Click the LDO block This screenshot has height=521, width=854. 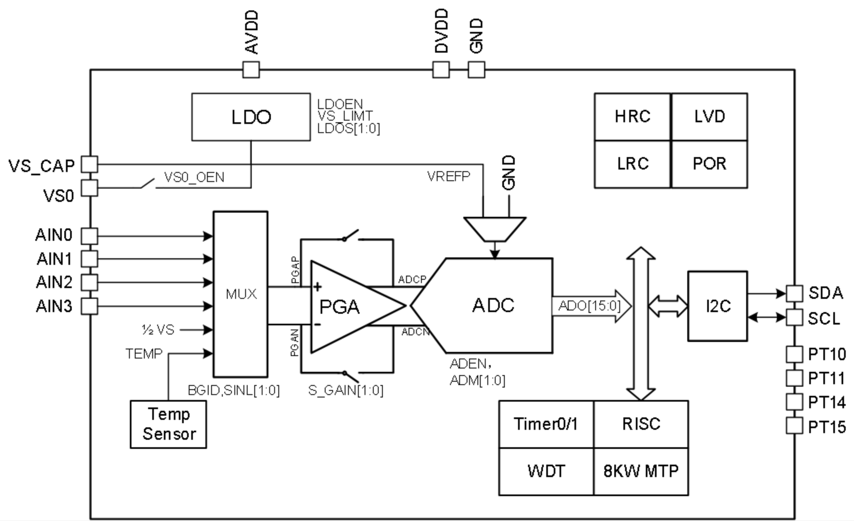coord(251,117)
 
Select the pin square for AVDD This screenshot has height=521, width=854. coord(251,70)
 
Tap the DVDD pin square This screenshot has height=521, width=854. coord(441,70)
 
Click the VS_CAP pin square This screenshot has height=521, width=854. coord(89,164)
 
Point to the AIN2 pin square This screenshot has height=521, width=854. coord(89,282)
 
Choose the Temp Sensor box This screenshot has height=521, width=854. coord(168,424)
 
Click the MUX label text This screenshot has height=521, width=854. coord(241,294)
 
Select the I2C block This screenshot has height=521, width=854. coord(718,306)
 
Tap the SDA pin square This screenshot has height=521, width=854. coord(794,293)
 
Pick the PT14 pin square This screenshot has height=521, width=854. coord(794,402)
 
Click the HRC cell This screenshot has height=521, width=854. coord(633,117)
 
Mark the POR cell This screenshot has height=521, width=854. coord(709,164)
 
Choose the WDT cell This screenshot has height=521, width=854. coord(546,471)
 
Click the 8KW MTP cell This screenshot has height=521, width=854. coord(641,471)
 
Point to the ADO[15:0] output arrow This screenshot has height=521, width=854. coord(591,306)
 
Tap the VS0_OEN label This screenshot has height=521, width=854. coord(194,177)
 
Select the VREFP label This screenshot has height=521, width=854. coord(448,177)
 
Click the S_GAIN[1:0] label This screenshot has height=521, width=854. coord(345,390)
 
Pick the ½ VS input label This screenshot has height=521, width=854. coord(158,330)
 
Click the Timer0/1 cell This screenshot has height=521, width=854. coord(546,424)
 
